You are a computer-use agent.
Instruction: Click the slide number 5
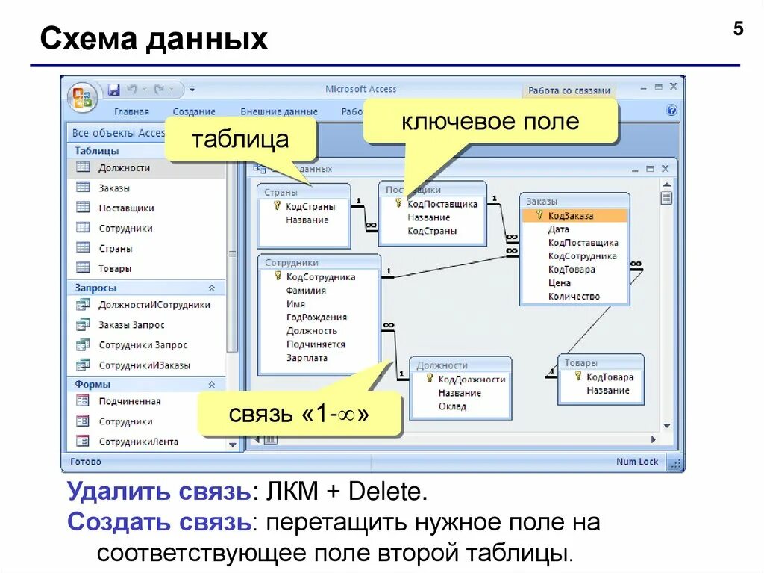click(738, 29)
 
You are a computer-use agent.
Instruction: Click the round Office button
click(81, 98)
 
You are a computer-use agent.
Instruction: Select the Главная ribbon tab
click(131, 111)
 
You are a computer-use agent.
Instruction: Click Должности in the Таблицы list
click(124, 168)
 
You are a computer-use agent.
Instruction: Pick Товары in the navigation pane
click(115, 268)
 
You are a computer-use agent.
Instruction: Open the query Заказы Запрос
click(131, 325)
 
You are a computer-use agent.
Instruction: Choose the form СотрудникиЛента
click(138, 442)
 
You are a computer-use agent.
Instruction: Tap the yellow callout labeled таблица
click(239, 140)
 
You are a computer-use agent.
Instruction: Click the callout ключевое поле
click(490, 121)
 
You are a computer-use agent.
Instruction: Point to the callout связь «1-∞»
click(299, 413)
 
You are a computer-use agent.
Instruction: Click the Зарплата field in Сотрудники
click(307, 358)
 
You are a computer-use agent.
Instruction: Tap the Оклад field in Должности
click(452, 406)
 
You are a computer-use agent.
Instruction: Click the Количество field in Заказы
click(574, 297)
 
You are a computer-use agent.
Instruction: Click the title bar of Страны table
click(303, 192)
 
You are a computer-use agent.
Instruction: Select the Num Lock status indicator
click(637, 462)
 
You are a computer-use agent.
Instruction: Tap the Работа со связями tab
click(569, 90)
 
